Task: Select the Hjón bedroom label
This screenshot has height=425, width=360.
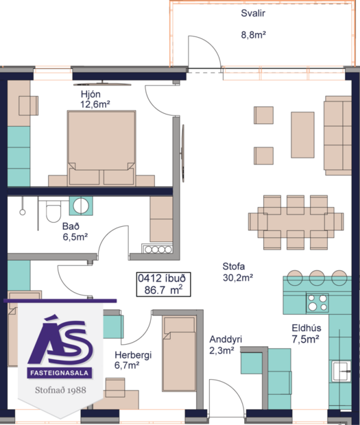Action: point(93,93)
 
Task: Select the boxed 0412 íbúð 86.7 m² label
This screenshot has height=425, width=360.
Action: point(163,284)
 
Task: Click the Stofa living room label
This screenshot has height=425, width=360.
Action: point(233,267)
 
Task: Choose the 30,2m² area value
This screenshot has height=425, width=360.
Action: point(238,278)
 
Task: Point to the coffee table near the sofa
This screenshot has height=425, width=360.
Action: point(302,134)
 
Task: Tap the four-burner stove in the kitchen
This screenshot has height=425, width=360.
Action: point(317,302)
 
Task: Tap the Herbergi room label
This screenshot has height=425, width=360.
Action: point(132,355)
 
